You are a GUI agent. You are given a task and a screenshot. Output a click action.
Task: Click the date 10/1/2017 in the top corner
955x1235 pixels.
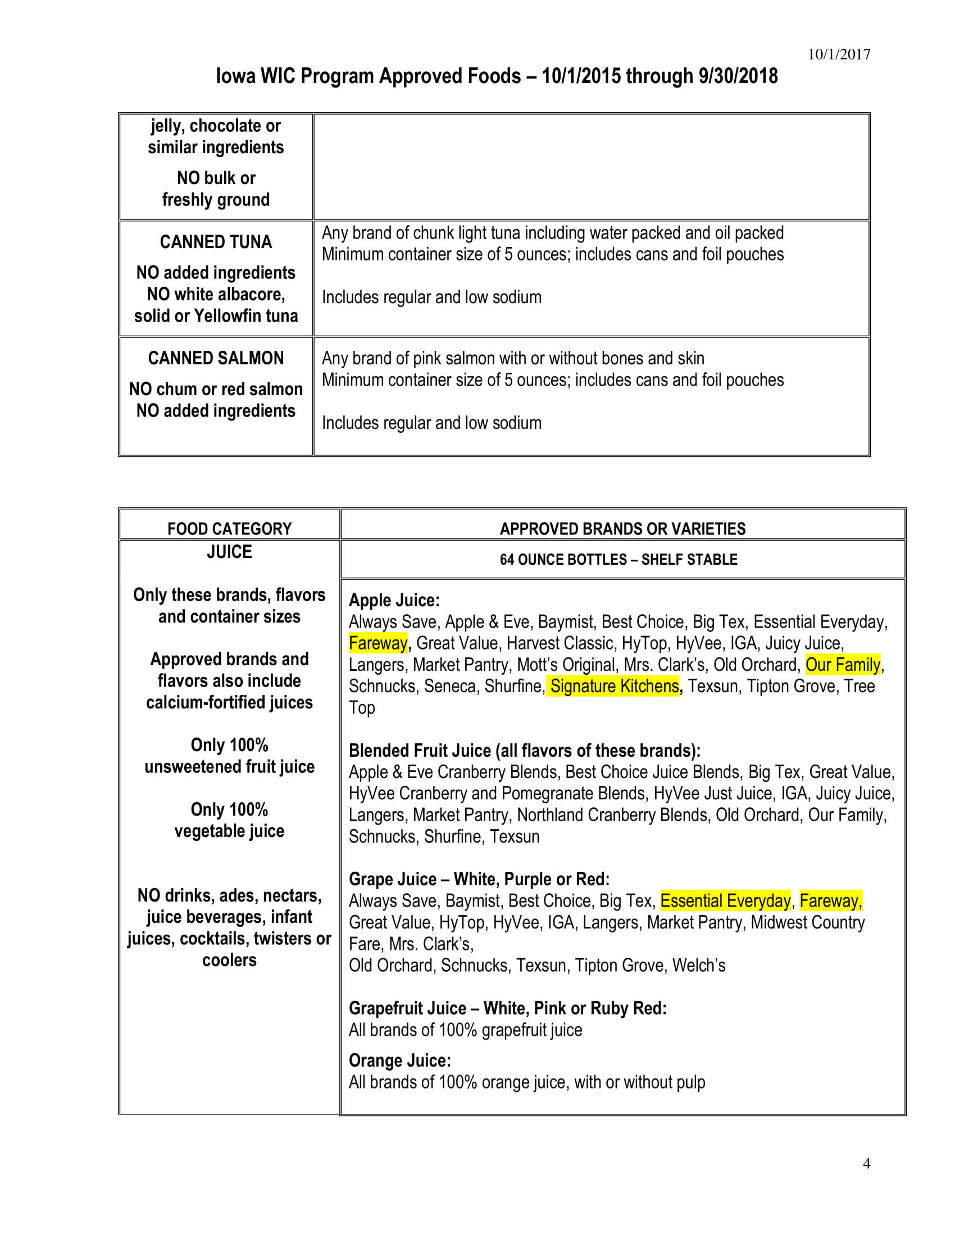(x=839, y=54)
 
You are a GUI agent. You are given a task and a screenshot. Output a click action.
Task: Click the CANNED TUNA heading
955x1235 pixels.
(x=216, y=242)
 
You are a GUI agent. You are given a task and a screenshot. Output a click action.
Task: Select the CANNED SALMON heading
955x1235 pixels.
(x=216, y=359)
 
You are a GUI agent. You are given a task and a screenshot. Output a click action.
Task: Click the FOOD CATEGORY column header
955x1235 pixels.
(x=229, y=529)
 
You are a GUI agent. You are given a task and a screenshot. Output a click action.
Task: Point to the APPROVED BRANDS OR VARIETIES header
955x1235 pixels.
(x=622, y=529)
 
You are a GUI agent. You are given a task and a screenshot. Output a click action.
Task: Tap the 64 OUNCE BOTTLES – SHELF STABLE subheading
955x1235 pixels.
(x=619, y=560)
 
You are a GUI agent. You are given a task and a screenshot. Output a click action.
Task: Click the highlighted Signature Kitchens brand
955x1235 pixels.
(x=614, y=686)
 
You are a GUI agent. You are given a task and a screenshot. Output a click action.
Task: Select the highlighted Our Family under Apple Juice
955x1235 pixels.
(x=843, y=665)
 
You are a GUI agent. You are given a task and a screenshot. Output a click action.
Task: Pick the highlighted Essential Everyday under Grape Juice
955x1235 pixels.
(x=725, y=901)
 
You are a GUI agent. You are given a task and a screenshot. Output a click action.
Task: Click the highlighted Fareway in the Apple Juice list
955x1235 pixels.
(x=378, y=643)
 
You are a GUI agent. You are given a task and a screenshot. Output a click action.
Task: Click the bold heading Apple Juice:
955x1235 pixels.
(x=394, y=600)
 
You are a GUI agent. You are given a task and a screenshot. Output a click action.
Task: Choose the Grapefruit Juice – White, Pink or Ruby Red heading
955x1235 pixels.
(x=507, y=1008)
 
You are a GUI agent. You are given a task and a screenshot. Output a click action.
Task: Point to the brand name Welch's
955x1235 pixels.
(x=699, y=966)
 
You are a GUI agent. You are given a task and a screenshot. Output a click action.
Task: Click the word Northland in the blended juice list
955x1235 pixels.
(x=551, y=815)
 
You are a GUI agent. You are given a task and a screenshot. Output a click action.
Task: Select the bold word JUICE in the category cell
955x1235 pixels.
(x=229, y=552)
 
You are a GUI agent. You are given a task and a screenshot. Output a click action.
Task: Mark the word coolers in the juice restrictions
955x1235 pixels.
(x=229, y=960)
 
